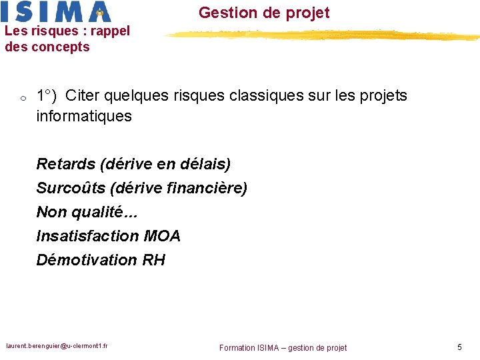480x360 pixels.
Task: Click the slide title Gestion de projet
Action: coord(264,13)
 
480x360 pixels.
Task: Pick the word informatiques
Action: coord(84,117)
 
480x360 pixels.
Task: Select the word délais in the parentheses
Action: coord(203,164)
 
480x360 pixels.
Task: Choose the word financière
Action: coord(211,189)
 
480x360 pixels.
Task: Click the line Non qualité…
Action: coord(80,213)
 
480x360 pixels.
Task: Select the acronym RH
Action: coord(154,260)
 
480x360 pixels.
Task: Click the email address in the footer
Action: coord(57,346)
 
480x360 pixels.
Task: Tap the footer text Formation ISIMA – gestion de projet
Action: coord(283,347)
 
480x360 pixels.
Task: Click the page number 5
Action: coord(459,347)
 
